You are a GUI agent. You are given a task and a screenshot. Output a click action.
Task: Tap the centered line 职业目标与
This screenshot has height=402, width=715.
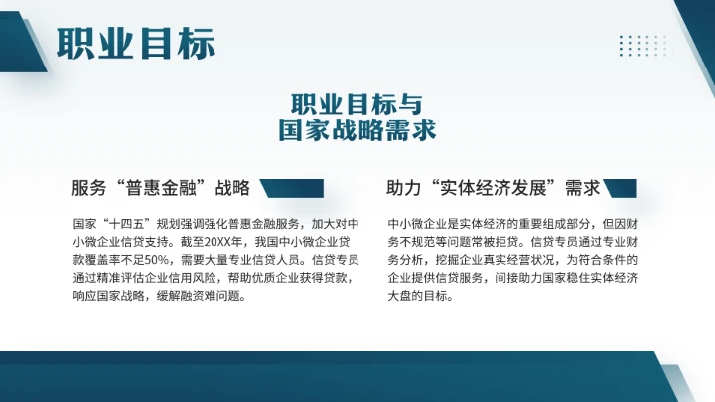357,104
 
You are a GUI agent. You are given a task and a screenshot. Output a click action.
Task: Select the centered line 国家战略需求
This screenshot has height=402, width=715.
357,130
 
